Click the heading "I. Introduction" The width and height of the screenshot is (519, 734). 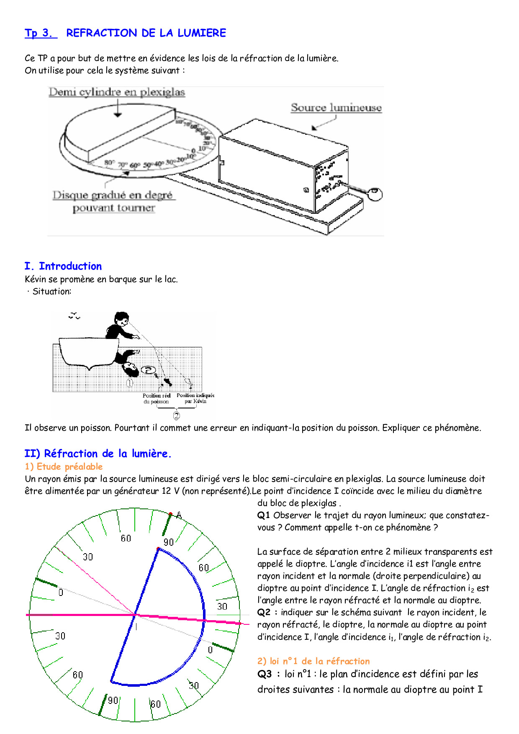[x=63, y=266]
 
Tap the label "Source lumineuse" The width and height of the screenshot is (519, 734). [x=336, y=108]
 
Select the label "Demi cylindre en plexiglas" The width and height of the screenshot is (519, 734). [x=117, y=92]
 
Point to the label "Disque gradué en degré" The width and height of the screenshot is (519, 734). [x=113, y=195]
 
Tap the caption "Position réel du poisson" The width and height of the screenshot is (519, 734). [x=157, y=398]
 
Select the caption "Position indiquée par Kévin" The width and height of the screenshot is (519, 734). [x=195, y=398]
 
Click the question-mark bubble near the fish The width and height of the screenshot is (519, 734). [x=148, y=370]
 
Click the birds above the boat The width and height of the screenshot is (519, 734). [x=74, y=316]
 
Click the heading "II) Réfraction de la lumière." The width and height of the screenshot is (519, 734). [x=98, y=454]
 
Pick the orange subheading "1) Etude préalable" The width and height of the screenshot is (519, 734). [x=64, y=467]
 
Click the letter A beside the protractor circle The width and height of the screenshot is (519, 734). [x=179, y=515]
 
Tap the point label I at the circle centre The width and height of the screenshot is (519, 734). [x=136, y=626]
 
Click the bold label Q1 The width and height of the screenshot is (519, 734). [x=264, y=516]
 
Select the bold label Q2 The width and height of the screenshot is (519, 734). [x=264, y=613]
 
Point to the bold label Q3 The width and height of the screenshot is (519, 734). [x=265, y=674]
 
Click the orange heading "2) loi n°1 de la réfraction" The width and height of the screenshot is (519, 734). [x=313, y=661]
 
